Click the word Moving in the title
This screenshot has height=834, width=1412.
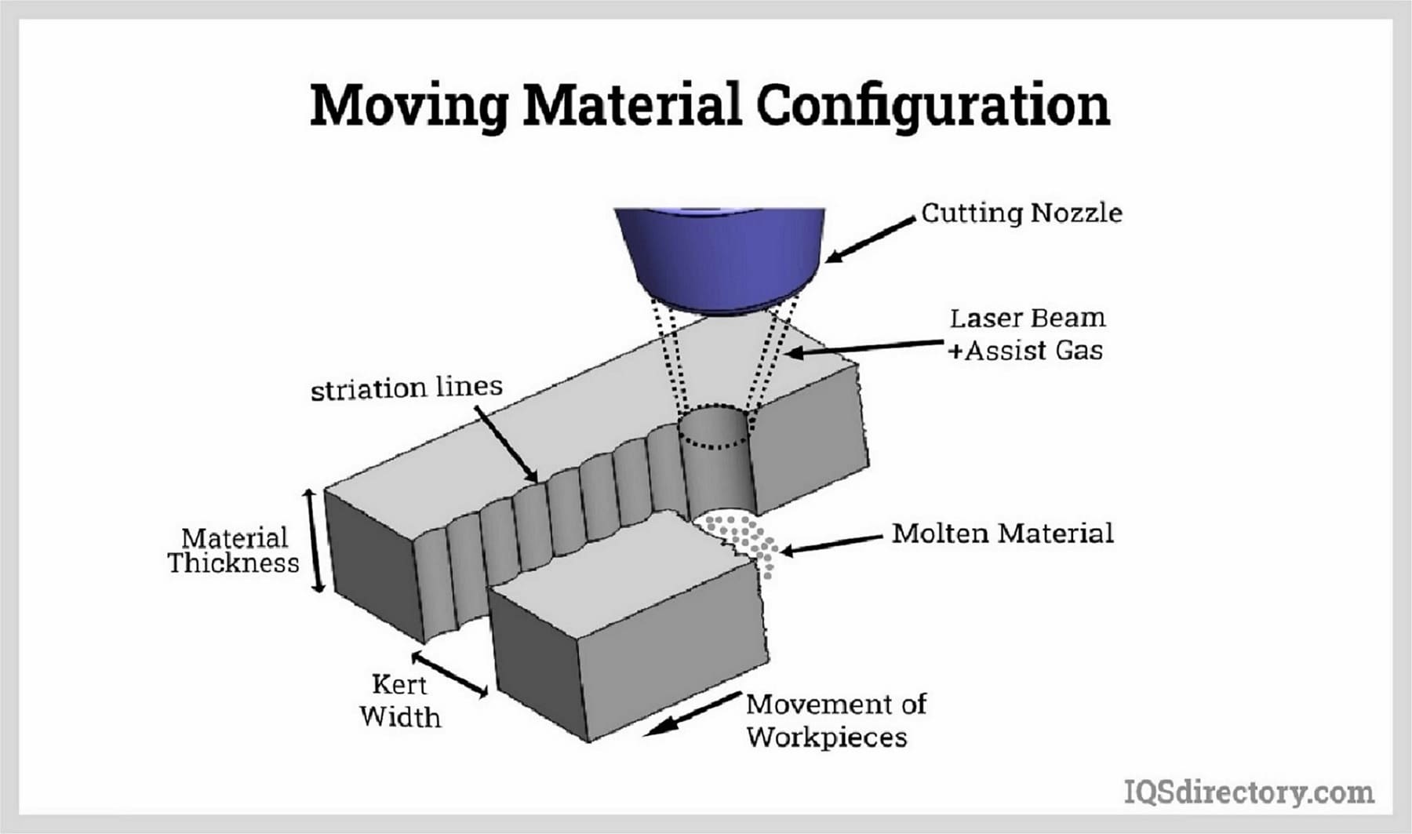409,105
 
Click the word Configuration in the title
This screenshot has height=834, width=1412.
933,105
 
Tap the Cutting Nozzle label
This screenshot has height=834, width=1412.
1021,213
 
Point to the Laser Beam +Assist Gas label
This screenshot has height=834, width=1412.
1026,334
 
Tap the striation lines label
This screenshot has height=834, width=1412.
406,388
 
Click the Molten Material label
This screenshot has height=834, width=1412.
1002,534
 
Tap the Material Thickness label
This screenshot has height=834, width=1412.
234,551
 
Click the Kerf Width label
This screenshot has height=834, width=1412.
399,701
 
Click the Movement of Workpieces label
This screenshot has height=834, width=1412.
835,720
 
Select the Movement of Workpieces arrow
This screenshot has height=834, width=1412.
693,713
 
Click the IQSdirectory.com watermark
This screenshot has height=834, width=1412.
1249,792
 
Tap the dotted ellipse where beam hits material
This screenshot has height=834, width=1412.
715,428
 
